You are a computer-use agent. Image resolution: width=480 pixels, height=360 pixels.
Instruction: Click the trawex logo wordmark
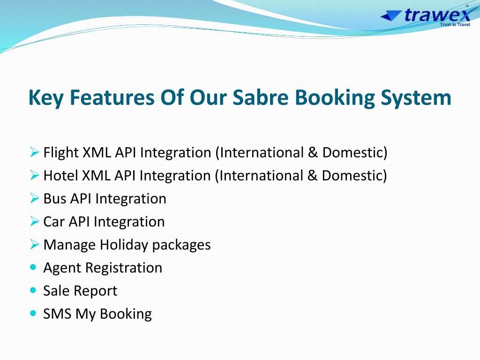(437, 15)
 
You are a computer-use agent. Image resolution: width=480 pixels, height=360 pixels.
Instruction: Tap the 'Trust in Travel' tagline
(455, 24)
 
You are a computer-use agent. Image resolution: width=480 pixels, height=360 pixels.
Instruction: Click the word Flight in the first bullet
(61, 153)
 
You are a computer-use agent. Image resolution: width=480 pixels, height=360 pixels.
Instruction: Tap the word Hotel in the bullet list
(60, 176)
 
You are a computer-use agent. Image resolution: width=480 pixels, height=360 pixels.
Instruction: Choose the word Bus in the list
(54, 199)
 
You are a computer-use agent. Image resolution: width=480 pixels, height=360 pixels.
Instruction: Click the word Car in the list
(53, 222)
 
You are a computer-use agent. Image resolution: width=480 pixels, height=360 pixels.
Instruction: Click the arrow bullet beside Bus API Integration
(35, 198)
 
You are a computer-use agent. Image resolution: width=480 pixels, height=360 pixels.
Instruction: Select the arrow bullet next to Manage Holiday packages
(35, 244)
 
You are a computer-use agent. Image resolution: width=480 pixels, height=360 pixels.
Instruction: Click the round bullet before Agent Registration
(33, 267)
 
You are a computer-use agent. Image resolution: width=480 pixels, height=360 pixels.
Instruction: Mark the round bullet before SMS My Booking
(33, 313)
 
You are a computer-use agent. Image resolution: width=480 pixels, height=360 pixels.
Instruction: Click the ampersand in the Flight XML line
(313, 152)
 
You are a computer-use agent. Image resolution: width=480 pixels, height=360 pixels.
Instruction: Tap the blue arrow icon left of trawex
(391, 15)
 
